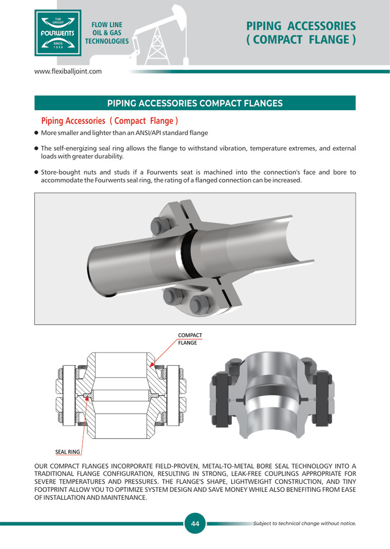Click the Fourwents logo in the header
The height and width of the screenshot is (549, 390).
tap(58, 33)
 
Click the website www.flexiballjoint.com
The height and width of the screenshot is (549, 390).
tap(68, 71)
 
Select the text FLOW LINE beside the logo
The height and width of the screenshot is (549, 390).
tap(107, 25)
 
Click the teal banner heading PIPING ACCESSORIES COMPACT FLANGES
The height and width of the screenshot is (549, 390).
tap(195, 103)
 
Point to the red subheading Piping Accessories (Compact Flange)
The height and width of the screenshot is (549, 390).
tap(109, 121)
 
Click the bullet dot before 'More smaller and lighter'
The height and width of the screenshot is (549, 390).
tap(36, 133)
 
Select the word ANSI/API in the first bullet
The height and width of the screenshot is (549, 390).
tap(148, 133)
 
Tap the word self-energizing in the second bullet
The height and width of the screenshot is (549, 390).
tap(77, 148)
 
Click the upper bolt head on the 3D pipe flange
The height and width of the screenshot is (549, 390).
tap(160, 226)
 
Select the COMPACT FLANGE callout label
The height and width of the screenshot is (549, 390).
tap(189, 339)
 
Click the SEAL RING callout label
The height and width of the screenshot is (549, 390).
tap(68, 452)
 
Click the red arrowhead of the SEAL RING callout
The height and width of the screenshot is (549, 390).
tap(87, 398)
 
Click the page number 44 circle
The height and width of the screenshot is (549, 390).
tap(195, 523)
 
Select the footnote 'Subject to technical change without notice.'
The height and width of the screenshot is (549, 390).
tap(304, 523)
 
